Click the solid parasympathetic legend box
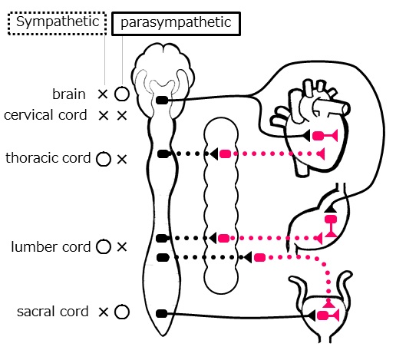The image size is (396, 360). pos(176,13)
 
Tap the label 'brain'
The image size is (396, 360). pos(69,94)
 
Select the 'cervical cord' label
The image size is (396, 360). pos(45,115)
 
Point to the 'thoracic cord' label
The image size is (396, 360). pos(48,158)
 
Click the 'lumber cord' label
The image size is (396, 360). pos(51,247)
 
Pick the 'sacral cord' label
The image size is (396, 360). pos(53,312)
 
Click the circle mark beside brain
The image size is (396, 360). pos(121,88)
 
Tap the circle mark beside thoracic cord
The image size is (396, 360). pos(104,152)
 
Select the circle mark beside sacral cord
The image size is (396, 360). pos(122,306)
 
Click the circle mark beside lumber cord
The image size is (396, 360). pos(104,240)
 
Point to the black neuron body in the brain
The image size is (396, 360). pos(162,101)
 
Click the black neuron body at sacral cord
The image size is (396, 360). pos(162,313)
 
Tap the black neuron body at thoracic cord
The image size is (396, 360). pos(163,154)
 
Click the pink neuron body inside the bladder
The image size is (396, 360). pos(323,315)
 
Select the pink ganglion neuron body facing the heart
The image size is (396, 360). pos(225,154)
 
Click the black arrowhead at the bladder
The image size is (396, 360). pos(312,315)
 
